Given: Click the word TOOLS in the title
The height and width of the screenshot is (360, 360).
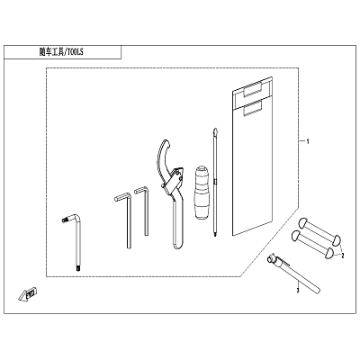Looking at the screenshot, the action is (75, 52).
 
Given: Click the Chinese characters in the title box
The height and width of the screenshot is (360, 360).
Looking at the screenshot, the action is (51, 52).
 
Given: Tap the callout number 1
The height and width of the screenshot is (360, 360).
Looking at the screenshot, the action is (307, 141).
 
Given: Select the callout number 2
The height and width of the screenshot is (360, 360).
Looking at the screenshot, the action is (342, 256).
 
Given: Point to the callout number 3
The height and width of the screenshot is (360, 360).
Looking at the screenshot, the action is (298, 291).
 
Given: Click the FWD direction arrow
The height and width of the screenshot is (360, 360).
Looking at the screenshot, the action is (27, 294).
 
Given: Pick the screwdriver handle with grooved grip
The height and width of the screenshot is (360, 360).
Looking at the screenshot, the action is (200, 192).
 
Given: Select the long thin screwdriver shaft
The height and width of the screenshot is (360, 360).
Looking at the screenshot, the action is (215, 183).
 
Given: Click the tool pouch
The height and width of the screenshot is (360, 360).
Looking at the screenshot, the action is (252, 155).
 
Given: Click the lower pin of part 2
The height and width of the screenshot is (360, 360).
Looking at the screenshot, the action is (312, 243).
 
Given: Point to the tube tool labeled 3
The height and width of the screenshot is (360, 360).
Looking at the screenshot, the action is (294, 274).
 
